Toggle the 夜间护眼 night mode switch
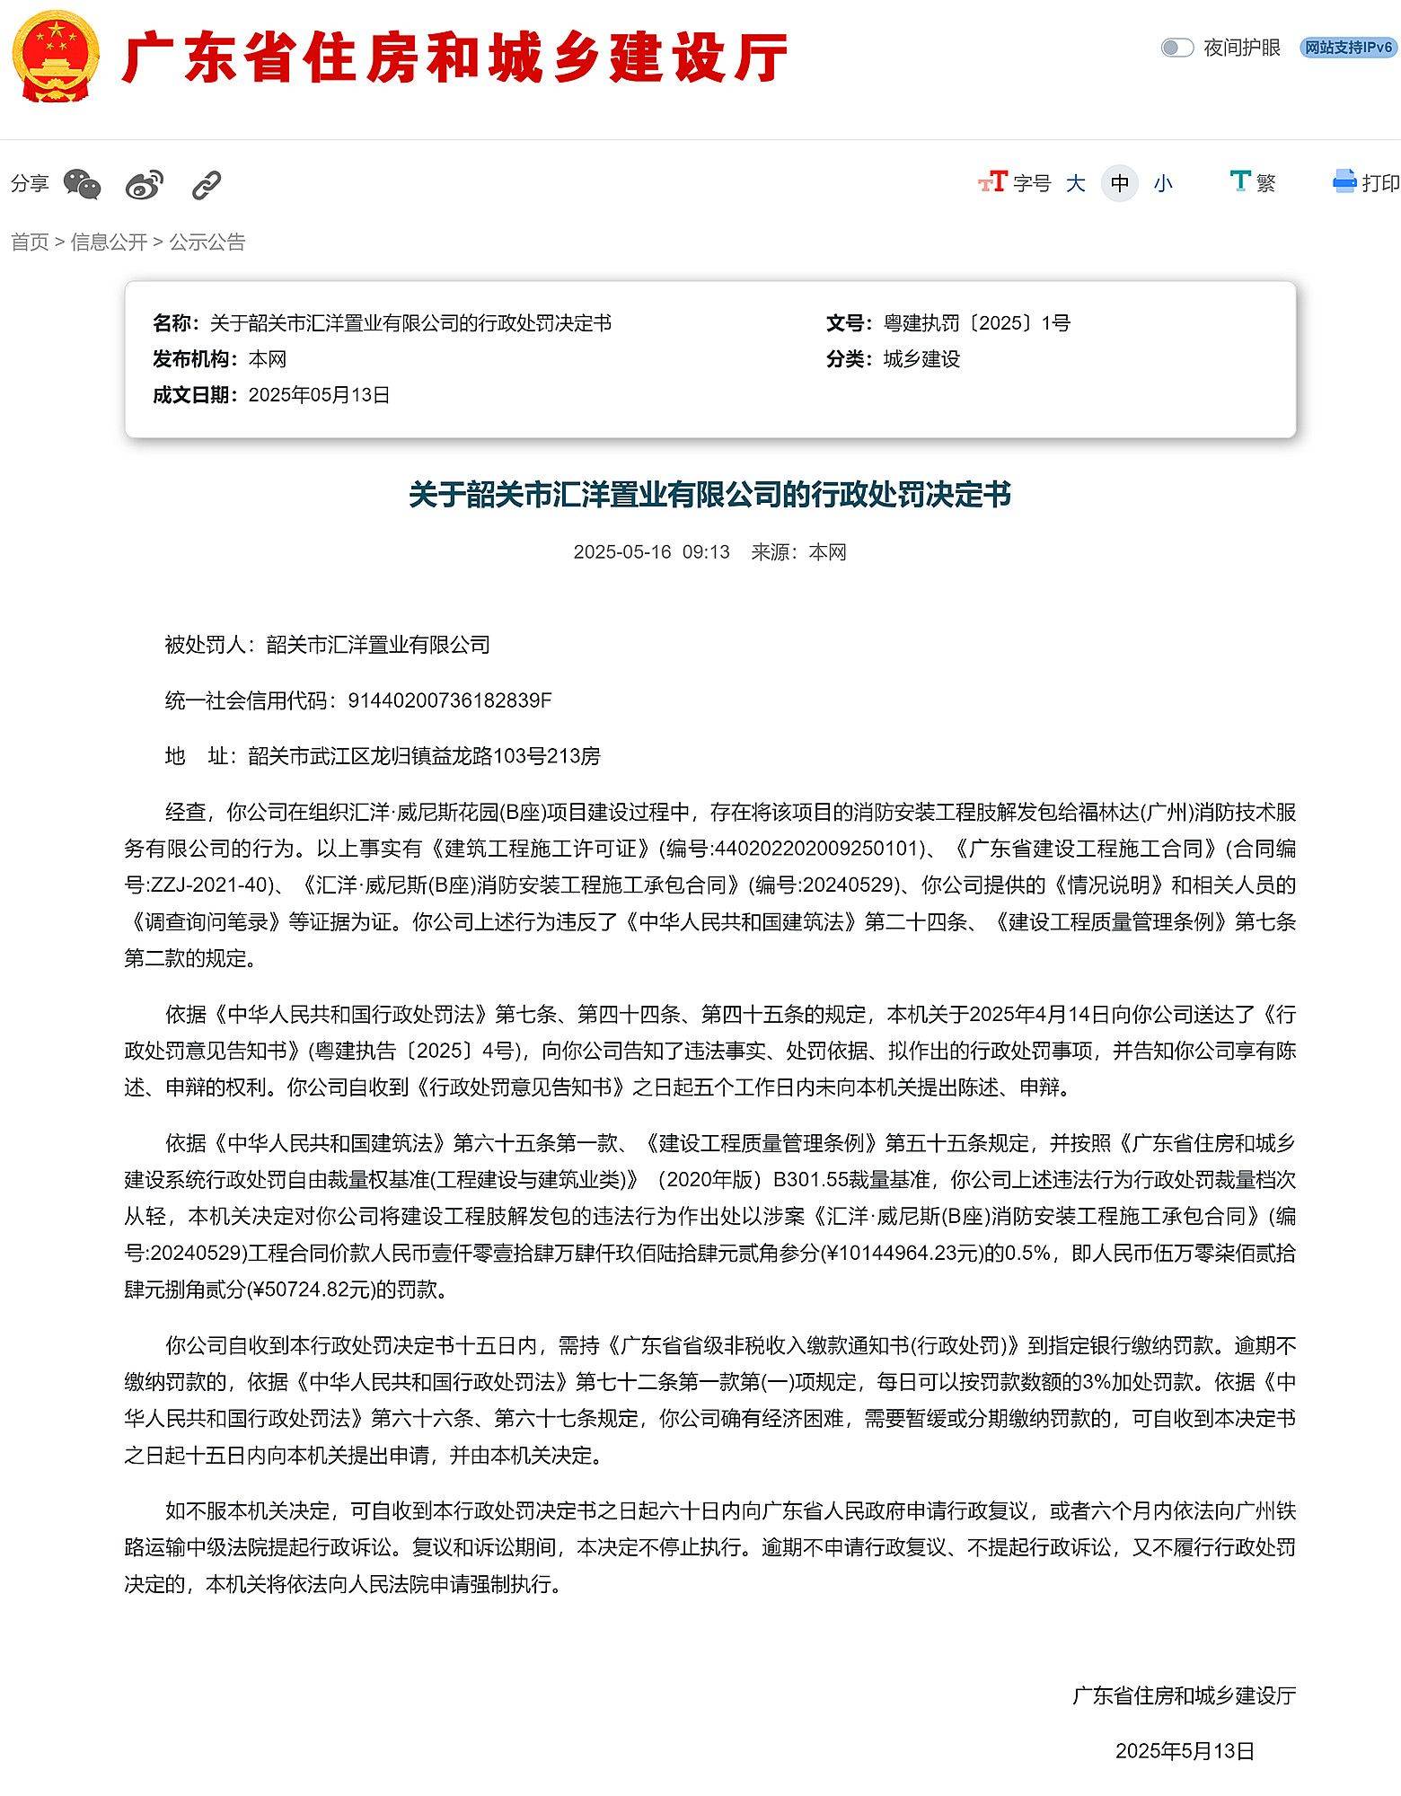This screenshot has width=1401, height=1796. tap(1176, 48)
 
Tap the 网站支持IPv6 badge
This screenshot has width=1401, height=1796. tap(1348, 48)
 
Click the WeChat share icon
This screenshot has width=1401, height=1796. tap(83, 184)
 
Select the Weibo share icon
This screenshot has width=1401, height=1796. tap(145, 184)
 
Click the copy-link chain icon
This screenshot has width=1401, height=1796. tap(207, 185)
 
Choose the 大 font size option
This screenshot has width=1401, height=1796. tap(1075, 184)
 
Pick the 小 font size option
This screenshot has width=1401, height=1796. tap(1163, 184)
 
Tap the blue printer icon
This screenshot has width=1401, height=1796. tap(1344, 181)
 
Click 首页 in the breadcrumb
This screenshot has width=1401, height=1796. tap(30, 242)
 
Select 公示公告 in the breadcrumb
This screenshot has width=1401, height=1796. tap(207, 242)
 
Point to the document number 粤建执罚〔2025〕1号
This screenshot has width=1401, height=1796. tap(976, 323)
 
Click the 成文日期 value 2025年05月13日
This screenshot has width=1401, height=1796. tap(319, 395)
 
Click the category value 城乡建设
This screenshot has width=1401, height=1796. tap(921, 359)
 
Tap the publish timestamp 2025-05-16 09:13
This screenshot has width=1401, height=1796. tap(651, 551)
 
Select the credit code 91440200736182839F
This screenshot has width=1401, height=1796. tap(449, 700)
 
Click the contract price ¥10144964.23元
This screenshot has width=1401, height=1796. tap(901, 1253)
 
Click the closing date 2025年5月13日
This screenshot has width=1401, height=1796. tap(1185, 1750)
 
